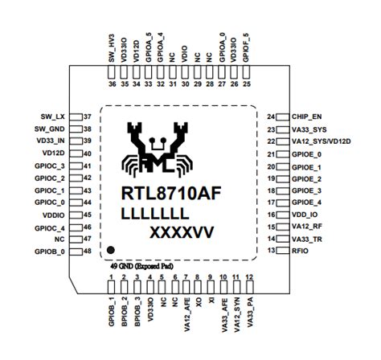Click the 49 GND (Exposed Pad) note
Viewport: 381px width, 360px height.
(x=144, y=264)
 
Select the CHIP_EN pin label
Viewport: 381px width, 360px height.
(x=307, y=116)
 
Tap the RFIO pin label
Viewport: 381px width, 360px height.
(x=301, y=252)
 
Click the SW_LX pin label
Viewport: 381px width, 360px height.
(x=55, y=117)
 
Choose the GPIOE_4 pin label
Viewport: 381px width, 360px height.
(x=306, y=202)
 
